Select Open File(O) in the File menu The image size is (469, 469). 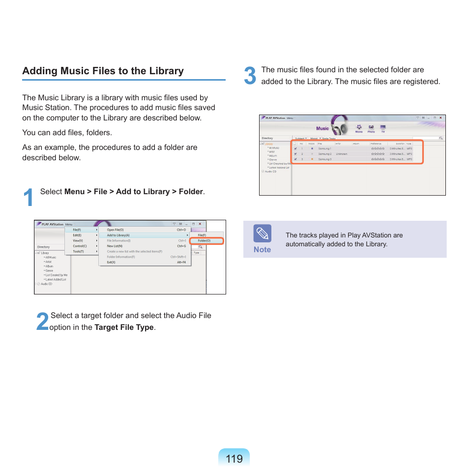tap(116, 230)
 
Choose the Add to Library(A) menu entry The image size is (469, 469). tap(118, 235)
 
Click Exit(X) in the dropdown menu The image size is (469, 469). tap(111, 262)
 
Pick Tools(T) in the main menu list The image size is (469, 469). tap(78, 251)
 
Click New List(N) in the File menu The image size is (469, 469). tap(115, 246)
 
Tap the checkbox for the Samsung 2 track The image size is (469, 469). tap(295, 154)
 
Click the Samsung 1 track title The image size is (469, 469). tap(324, 148)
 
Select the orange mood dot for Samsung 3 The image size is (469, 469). tap(312, 159)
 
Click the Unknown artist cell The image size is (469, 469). tap(341, 154)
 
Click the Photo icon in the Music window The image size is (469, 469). tap(371, 128)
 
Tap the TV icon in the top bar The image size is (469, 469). tap(383, 128)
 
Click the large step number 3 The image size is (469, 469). tap(250, 76)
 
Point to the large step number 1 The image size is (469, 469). tap(29, 198)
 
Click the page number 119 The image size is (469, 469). tap(234, 459)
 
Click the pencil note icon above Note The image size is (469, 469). tap(262, 234)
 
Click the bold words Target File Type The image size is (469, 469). tap(124, 327)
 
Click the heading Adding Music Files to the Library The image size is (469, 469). tap(103, 71)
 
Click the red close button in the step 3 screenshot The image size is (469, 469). tap(440, 118)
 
